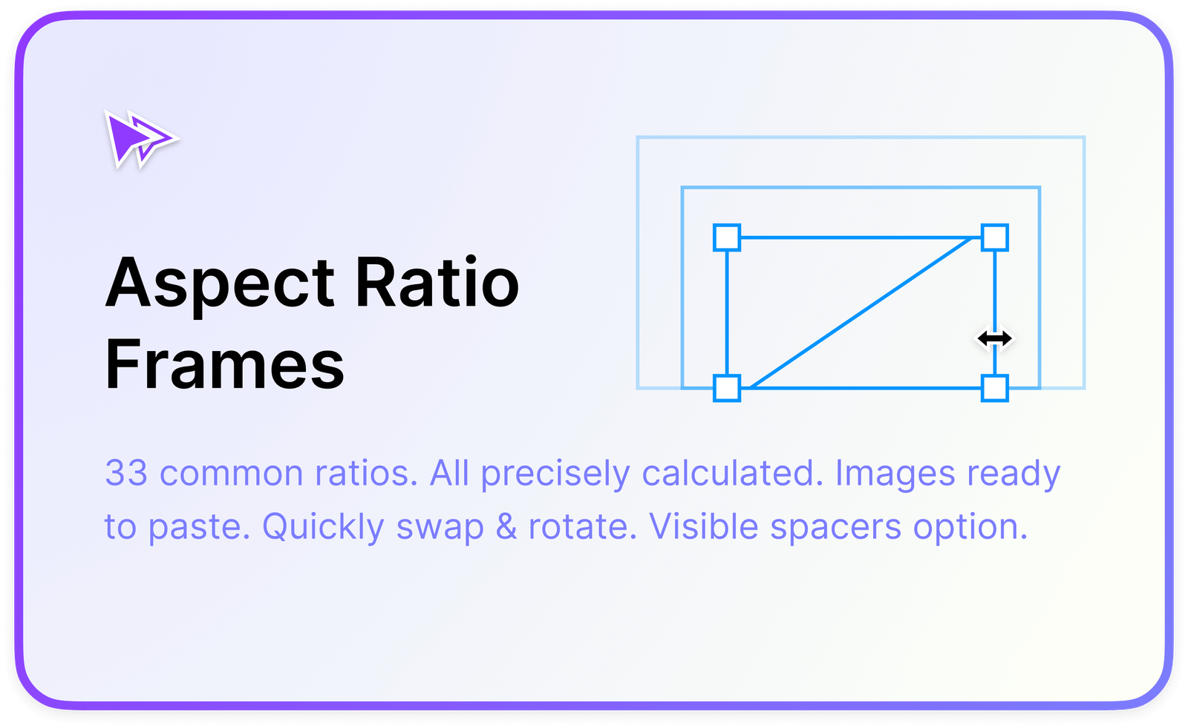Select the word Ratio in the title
pos(437,283)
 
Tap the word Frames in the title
pos(224,364)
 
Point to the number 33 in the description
pos(126,473)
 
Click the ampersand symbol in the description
pos(506,527)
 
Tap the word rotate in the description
pos(582,527)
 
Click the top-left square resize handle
pos(727,238)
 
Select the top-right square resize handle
pos(995,238)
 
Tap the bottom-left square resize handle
pos(727,388)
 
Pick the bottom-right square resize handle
pos(995,388)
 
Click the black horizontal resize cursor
pos(994,339)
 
